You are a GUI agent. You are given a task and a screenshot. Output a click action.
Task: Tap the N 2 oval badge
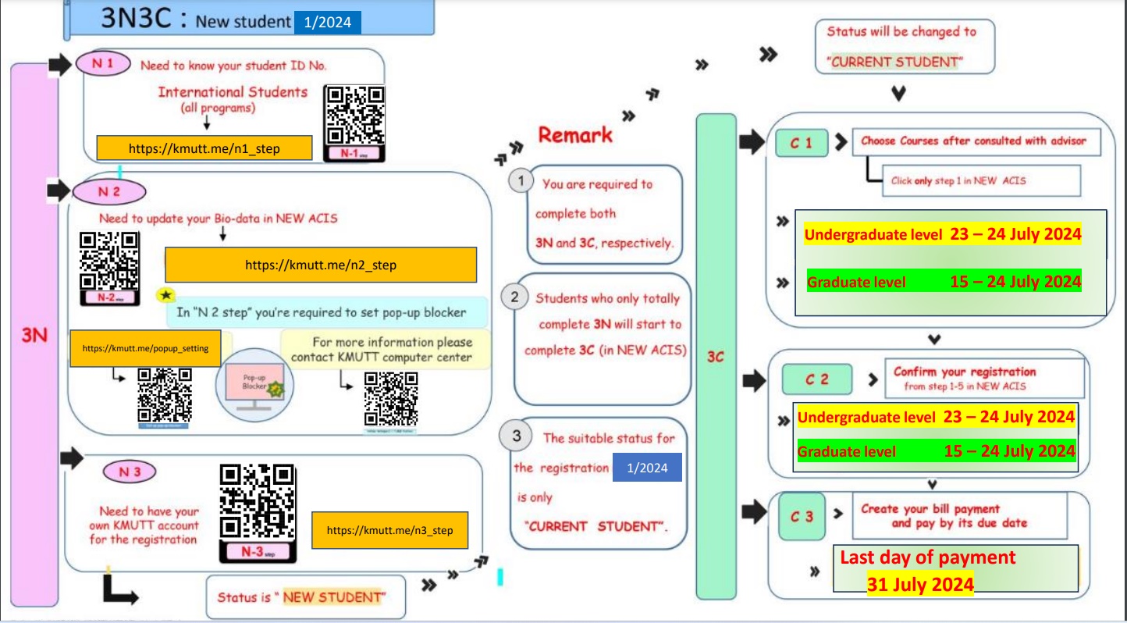[x=110, y=191]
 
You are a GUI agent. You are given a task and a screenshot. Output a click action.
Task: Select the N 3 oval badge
[x=130, y=472]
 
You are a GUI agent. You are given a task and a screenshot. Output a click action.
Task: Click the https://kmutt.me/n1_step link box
[x=204, y=148]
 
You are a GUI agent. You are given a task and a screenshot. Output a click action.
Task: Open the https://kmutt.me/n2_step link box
[x=321, y=265]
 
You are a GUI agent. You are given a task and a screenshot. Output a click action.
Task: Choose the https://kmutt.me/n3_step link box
[x=389, y=531]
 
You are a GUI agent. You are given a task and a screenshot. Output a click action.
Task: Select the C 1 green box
[x=801, y=143]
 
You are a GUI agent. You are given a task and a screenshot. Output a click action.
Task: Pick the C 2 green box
[x=816, y=379]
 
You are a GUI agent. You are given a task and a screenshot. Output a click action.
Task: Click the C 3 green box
[x=802, y=516]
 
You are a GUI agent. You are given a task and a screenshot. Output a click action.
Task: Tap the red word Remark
[x=576, y=134]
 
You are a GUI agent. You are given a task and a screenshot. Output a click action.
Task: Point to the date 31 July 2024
[x=920, y=584]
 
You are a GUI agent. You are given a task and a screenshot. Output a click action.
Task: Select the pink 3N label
[x=34, y=335]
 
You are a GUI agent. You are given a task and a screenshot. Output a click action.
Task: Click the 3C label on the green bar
[x=716, y=357]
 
